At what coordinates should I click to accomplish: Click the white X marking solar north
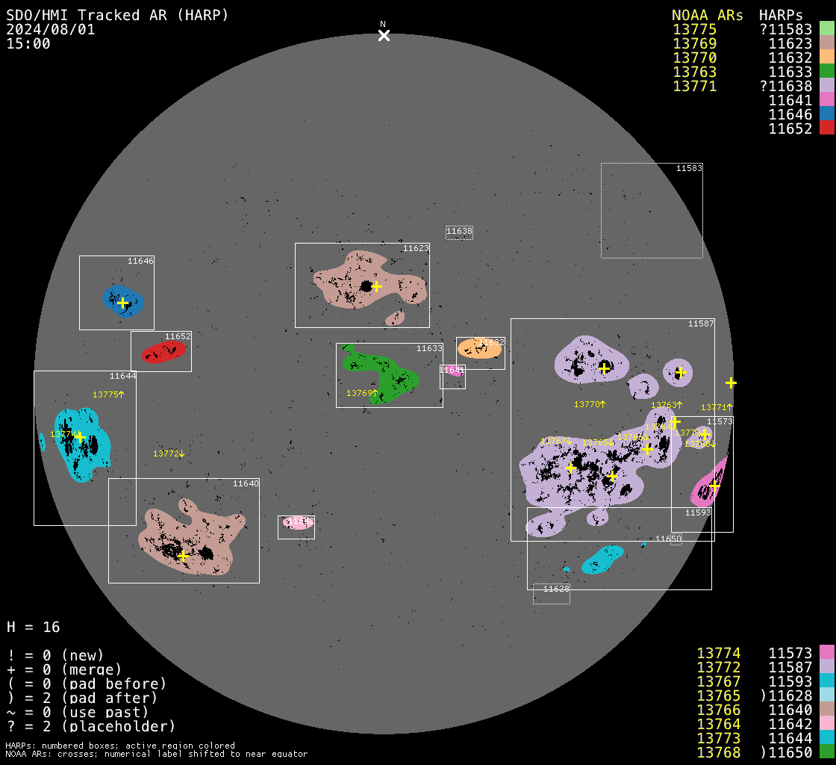pyautogui.click(x=384, y=35)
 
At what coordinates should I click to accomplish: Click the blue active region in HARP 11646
pyautogui.click(x=123, y=300)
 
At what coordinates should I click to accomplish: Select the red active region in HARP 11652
pyautogui.click(x=163, y=352)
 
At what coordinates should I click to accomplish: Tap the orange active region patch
pyautogui.click(x=478, y=348)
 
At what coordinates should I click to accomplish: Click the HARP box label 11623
pyautogui.click(x=416, y=248)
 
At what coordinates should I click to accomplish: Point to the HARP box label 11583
pyautogui.click(x=689, y=169)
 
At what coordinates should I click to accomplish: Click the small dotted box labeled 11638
pyautogui.click(x=459, y=232)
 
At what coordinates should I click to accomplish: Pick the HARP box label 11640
pyautogui.click(x=246, y=483)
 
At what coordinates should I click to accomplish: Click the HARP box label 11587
pyautogui.click(x=701, y=323)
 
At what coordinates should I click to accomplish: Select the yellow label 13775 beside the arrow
pyautogui.click(x=105, y=394)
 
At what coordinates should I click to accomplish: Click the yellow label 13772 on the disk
pyautogui.click(x=166, y=453)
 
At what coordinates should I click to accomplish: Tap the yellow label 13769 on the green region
pyautogui.click(x=359, y=393)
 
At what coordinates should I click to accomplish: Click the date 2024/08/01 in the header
pyautogui.click(x=51, y=30)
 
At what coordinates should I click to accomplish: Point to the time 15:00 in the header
pyautogui.click(x=28, y=44)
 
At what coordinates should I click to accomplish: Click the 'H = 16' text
pyautogui.click(x=34, y=627)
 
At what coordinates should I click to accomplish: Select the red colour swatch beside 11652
pyautogui.click(x=826, y=128)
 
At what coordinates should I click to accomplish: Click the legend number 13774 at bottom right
pyautogui.click(x=718, y=654)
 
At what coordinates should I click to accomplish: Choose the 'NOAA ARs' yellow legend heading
pyautogui.click(x=707, y=16)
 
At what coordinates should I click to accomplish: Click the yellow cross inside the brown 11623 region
pyautogui.click(x=376, y=286)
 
